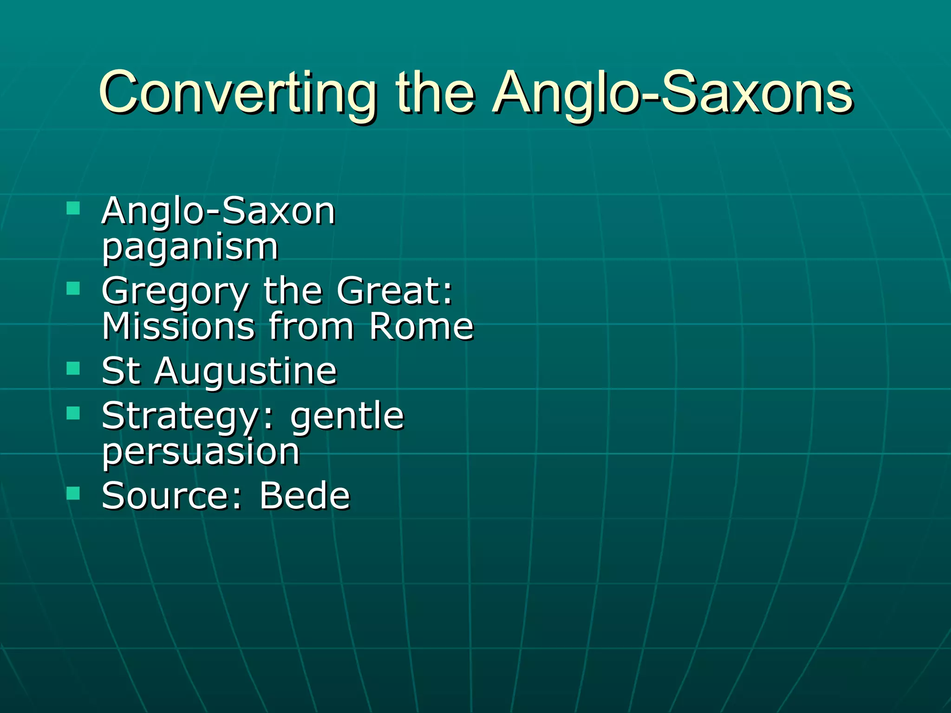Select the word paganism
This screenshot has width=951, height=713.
190,248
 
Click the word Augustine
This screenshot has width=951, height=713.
246,371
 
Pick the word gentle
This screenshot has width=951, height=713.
347,417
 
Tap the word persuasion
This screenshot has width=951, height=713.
201,452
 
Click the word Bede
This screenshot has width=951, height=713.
304,496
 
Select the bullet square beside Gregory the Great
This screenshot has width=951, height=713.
73,288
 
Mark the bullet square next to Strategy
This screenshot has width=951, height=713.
73,413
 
